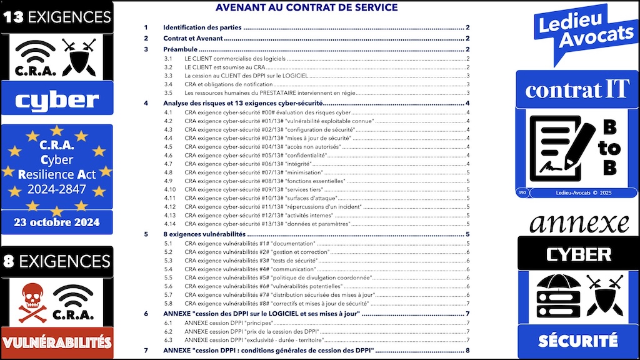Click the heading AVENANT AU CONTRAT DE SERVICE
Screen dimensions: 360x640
pyautogui.click(x=306, y=7)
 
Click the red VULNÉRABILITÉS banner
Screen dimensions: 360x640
pyautogui.click(x=57, y=342)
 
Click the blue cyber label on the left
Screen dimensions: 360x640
pyautogui.click(x=57, y=99)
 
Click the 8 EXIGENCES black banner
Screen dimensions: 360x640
pyautogui.click(x=57, y=261)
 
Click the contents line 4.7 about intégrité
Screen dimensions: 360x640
pyautogui.click(x=250, y=163)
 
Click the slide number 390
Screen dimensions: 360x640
pyautogui.click(x=522, y=192)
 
